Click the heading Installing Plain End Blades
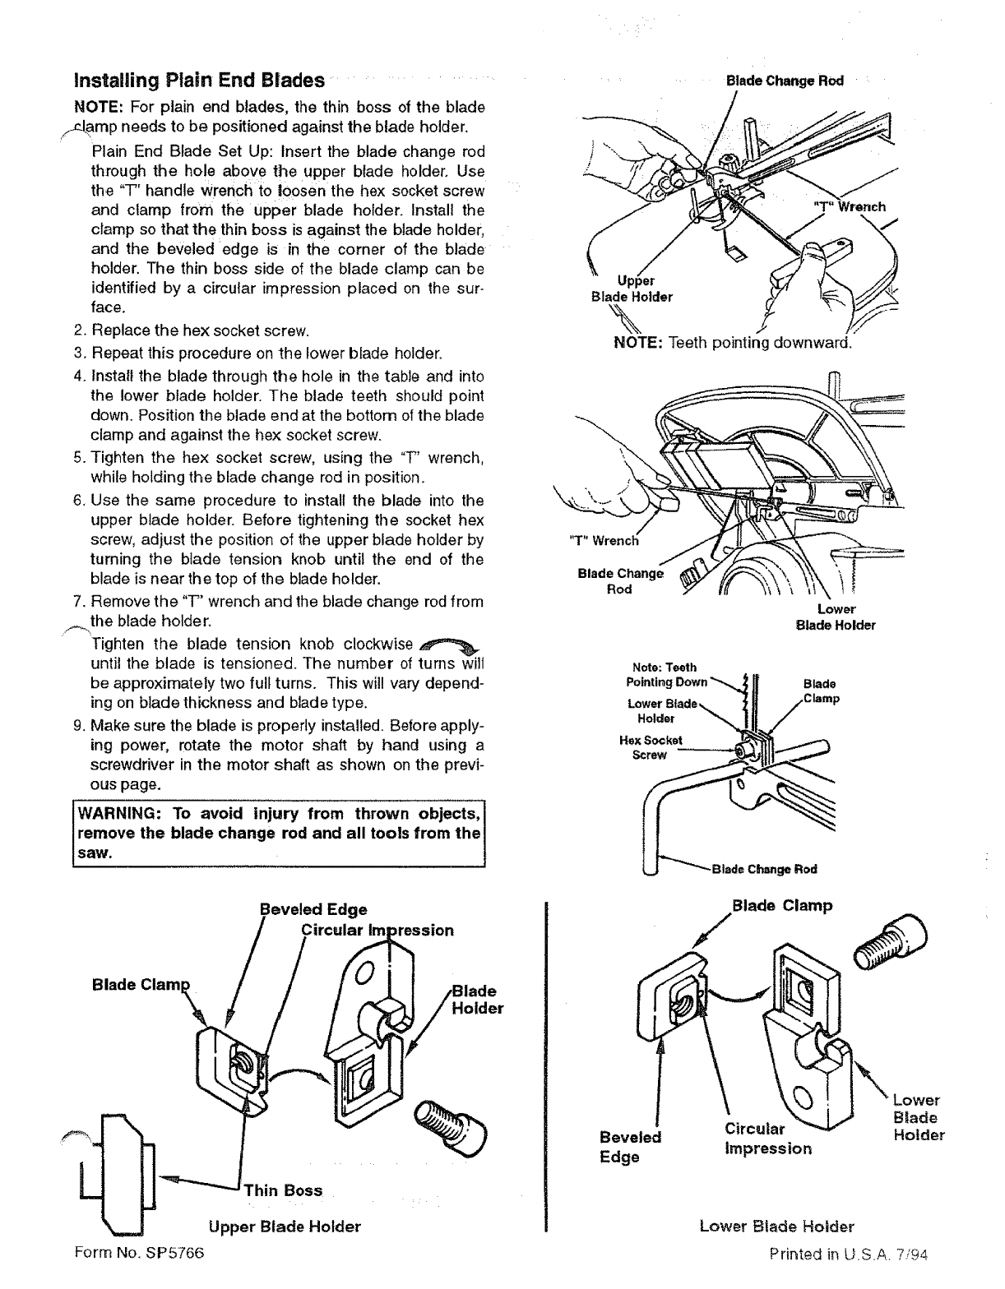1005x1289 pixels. coord(198,81)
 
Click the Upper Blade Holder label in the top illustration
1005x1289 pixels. coord(632,289)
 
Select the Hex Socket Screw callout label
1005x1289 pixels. coord(651,746)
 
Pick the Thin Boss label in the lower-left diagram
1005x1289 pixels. coord(282,1190)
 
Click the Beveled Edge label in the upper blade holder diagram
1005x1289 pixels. coord(313,909)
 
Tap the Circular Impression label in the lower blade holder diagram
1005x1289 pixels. coord(767,1138)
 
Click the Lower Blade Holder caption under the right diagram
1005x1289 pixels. coord(776,1227)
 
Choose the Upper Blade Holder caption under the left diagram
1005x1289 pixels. coord(285,1227)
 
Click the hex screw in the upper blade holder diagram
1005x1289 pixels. coord(452,1124)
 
